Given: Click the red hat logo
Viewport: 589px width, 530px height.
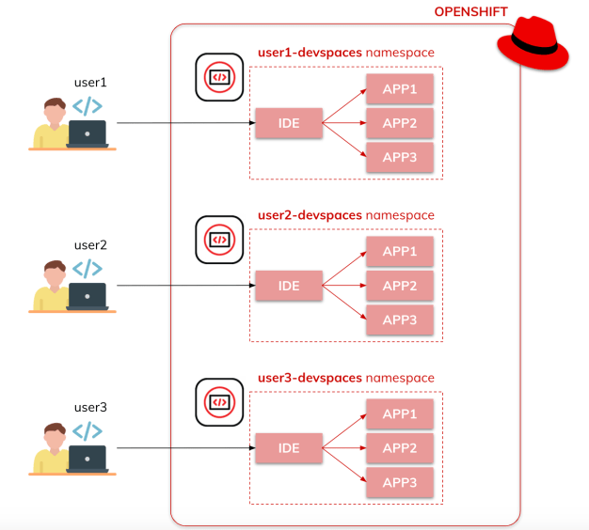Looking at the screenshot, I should tap(533, 46).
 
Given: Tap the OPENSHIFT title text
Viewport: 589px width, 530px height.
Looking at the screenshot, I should tap(470, 12).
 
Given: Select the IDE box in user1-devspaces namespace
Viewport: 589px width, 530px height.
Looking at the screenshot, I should tap(289, 123).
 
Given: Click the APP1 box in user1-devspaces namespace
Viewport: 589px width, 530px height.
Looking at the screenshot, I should tap(400, 89).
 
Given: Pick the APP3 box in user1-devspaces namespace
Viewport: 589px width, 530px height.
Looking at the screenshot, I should tap(400, 157).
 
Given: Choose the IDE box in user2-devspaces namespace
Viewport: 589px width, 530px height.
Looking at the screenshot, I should tap(289, 286).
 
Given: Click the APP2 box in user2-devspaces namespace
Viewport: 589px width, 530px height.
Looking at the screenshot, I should tap(400, 286).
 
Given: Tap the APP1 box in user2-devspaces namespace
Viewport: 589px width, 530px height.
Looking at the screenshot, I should tap(400, 252).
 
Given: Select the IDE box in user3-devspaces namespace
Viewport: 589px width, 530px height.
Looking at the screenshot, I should tap(289, 448).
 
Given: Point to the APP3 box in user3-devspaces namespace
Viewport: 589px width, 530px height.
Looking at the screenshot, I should tap(400, 482).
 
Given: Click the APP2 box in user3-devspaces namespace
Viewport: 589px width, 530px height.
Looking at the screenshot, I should tap(400, 448).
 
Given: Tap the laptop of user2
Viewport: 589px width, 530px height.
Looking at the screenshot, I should tap(88, 296).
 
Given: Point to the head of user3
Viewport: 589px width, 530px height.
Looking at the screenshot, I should tap(54, 435).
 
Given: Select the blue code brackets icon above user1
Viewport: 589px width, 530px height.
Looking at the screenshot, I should tap(88, 106).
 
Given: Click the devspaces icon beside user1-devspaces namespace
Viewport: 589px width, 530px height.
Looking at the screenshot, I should tap(219, 77).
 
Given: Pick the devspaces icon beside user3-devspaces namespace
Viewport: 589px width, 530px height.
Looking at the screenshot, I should tap(219, 402).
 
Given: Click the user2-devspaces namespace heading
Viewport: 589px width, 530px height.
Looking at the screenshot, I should tap(346, 215).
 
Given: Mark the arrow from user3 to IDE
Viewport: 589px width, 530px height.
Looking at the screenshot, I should tap(184, 448).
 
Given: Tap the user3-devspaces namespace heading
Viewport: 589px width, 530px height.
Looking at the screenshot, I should tap(346, 378).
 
